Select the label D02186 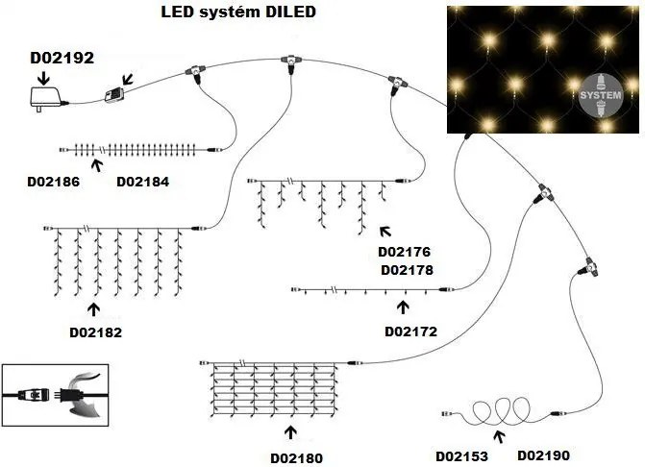[x=54, y=181]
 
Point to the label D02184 [x=142, y=181]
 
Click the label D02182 [x=96, y=332]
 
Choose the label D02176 [x=407, y=252]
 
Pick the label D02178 [x=407, y=270]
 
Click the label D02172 [x=410, y=332]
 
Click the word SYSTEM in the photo [x=607, y=97]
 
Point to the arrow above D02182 [x=94, y=309]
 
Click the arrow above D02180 [x=291, y=430]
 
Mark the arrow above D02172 [x=403, y=307]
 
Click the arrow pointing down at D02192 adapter [x=46, y=74]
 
